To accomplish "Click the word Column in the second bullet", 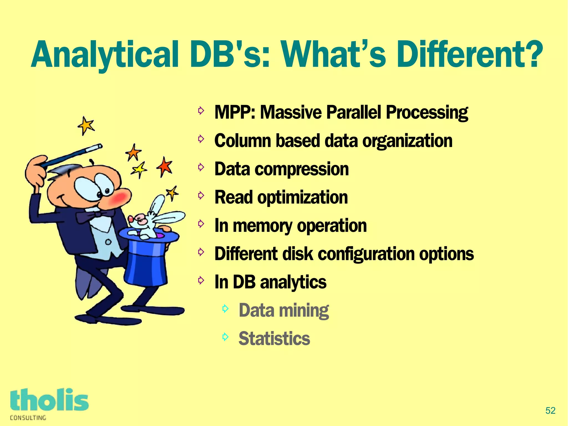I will pyautogui.click(x=243, y=141).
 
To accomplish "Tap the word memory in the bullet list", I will pyautogui.click(x=262, y=226).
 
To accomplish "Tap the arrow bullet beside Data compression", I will pyautogui.click(x=201, y=167).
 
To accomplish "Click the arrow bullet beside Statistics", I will pyautogui.click(x=225, y=337).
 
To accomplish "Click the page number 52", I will pyautogui.click(x=550, y=410).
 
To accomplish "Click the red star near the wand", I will pyautogui.click(x=165, y=167).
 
